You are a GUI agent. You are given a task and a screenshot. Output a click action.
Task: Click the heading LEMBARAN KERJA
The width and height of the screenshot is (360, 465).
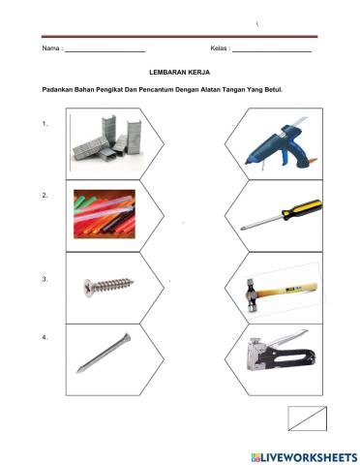179,72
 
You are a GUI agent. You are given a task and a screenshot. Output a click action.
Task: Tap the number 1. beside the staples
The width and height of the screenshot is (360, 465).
46,124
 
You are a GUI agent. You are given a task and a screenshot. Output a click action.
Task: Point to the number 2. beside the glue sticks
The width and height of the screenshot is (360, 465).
46,195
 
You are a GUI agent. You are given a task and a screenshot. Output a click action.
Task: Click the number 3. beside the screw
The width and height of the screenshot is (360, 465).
46,279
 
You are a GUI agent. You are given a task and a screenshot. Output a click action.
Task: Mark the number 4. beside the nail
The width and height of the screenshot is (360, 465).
46,337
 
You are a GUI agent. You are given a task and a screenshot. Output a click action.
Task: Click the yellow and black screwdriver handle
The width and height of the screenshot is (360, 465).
305,208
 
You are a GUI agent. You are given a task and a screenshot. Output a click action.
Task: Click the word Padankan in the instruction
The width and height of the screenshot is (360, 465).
59,90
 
